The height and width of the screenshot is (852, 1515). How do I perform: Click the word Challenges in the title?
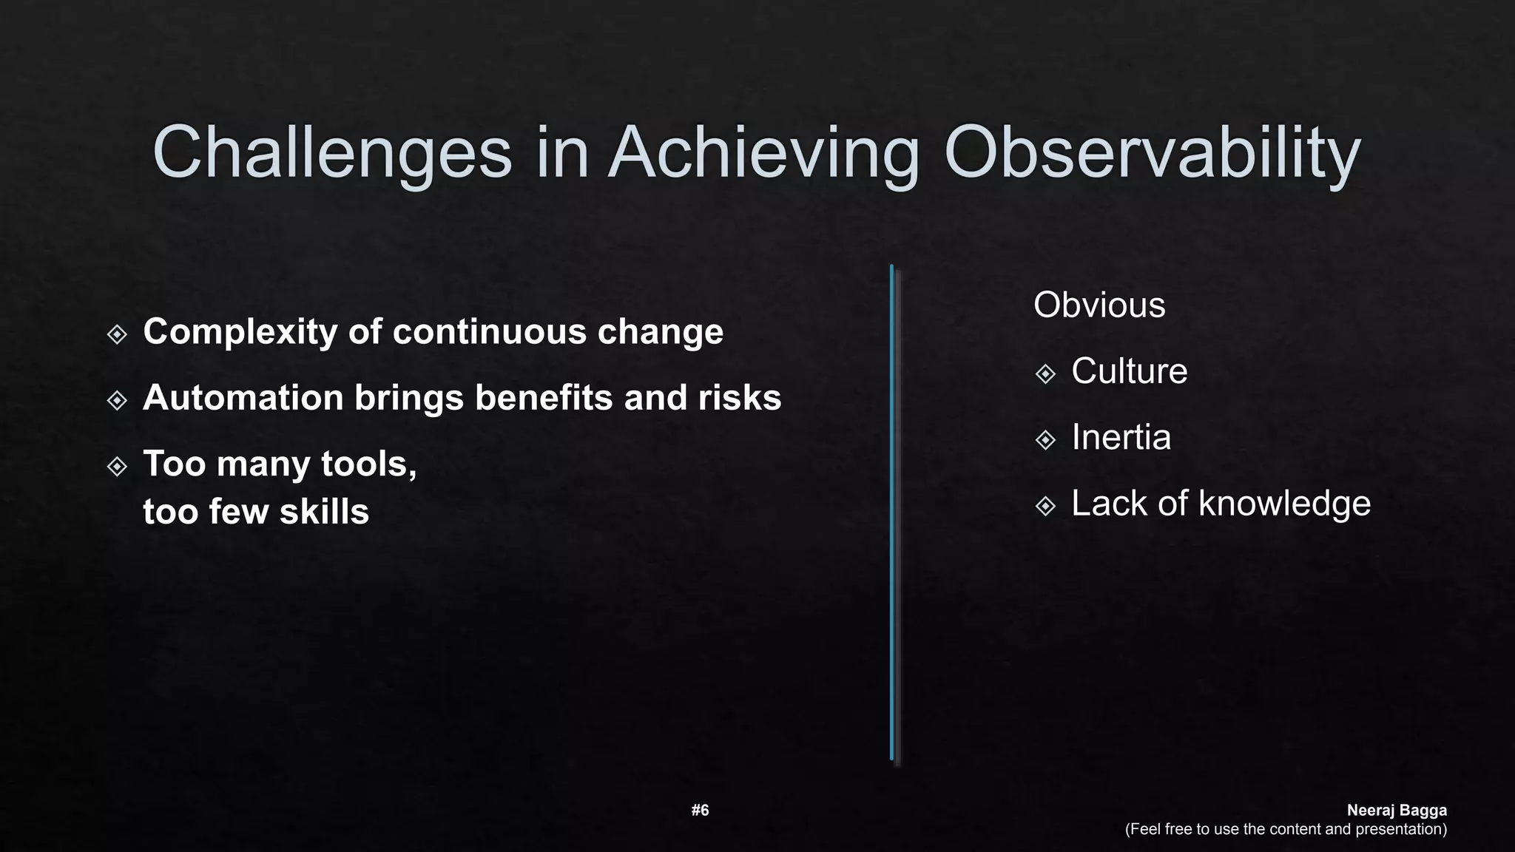[331, 152]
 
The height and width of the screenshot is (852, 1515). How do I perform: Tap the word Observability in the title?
[1152, 152]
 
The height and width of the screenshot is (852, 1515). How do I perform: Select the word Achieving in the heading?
[763, 152]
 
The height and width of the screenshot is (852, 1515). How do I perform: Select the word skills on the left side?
[324, 512]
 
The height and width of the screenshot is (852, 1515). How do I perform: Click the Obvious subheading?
[1099, 305]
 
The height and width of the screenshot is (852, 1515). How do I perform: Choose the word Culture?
[1129, 371]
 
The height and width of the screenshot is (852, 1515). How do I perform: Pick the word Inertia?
[1121, 438]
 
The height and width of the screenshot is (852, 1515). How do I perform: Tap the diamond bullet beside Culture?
[1045, 374]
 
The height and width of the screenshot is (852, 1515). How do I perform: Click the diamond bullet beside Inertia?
[1045, 441]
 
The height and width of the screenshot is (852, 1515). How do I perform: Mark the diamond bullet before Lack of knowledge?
[1045, 507]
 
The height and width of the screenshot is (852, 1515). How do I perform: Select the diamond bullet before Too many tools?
[117, 467]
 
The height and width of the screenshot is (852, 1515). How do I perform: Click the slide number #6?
[700, 811]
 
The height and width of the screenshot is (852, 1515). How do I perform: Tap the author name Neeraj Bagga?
[1396, 811]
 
